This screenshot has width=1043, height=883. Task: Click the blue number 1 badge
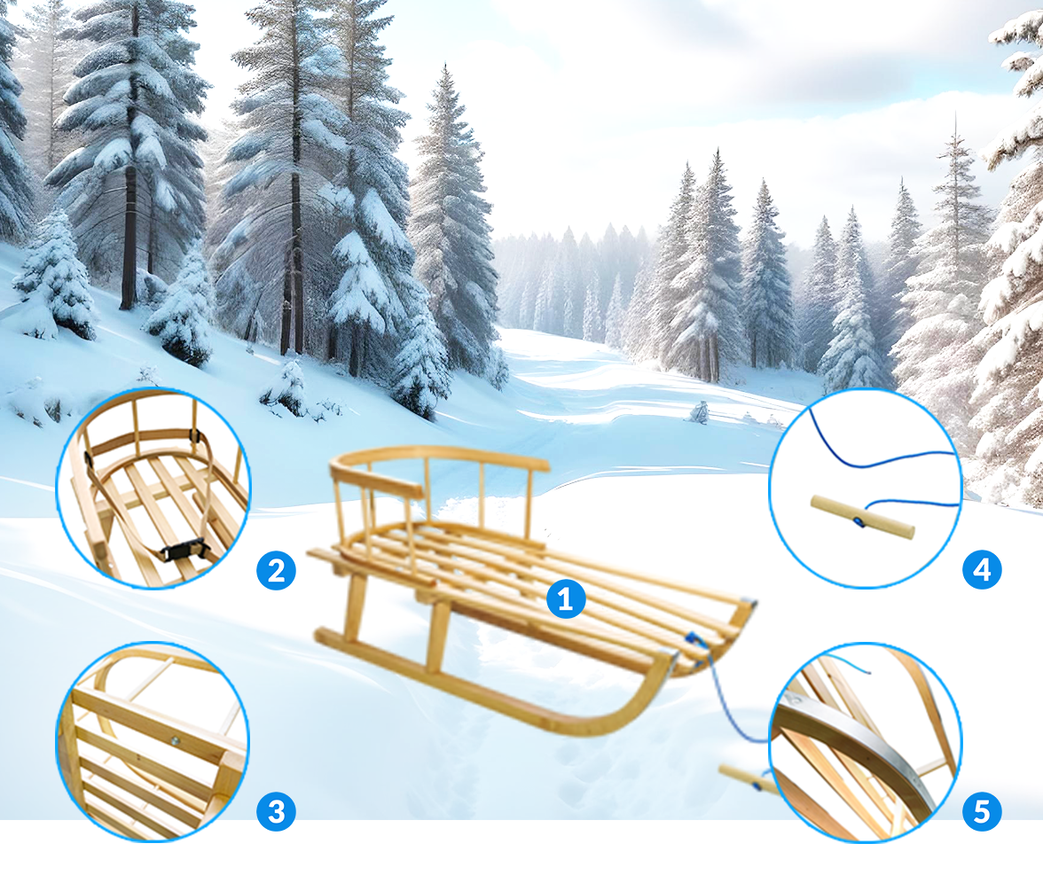point(566,599)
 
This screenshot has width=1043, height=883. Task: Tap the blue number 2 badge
point(276,571)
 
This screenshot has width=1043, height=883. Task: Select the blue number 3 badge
point(276,811)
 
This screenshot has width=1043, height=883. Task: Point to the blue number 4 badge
point(982,571)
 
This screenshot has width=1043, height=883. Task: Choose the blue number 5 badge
point(982,811)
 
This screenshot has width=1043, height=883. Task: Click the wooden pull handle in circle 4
point(863,518)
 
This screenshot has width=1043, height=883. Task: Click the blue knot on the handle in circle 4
point(860,523)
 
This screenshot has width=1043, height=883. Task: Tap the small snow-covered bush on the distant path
point(699,412)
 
